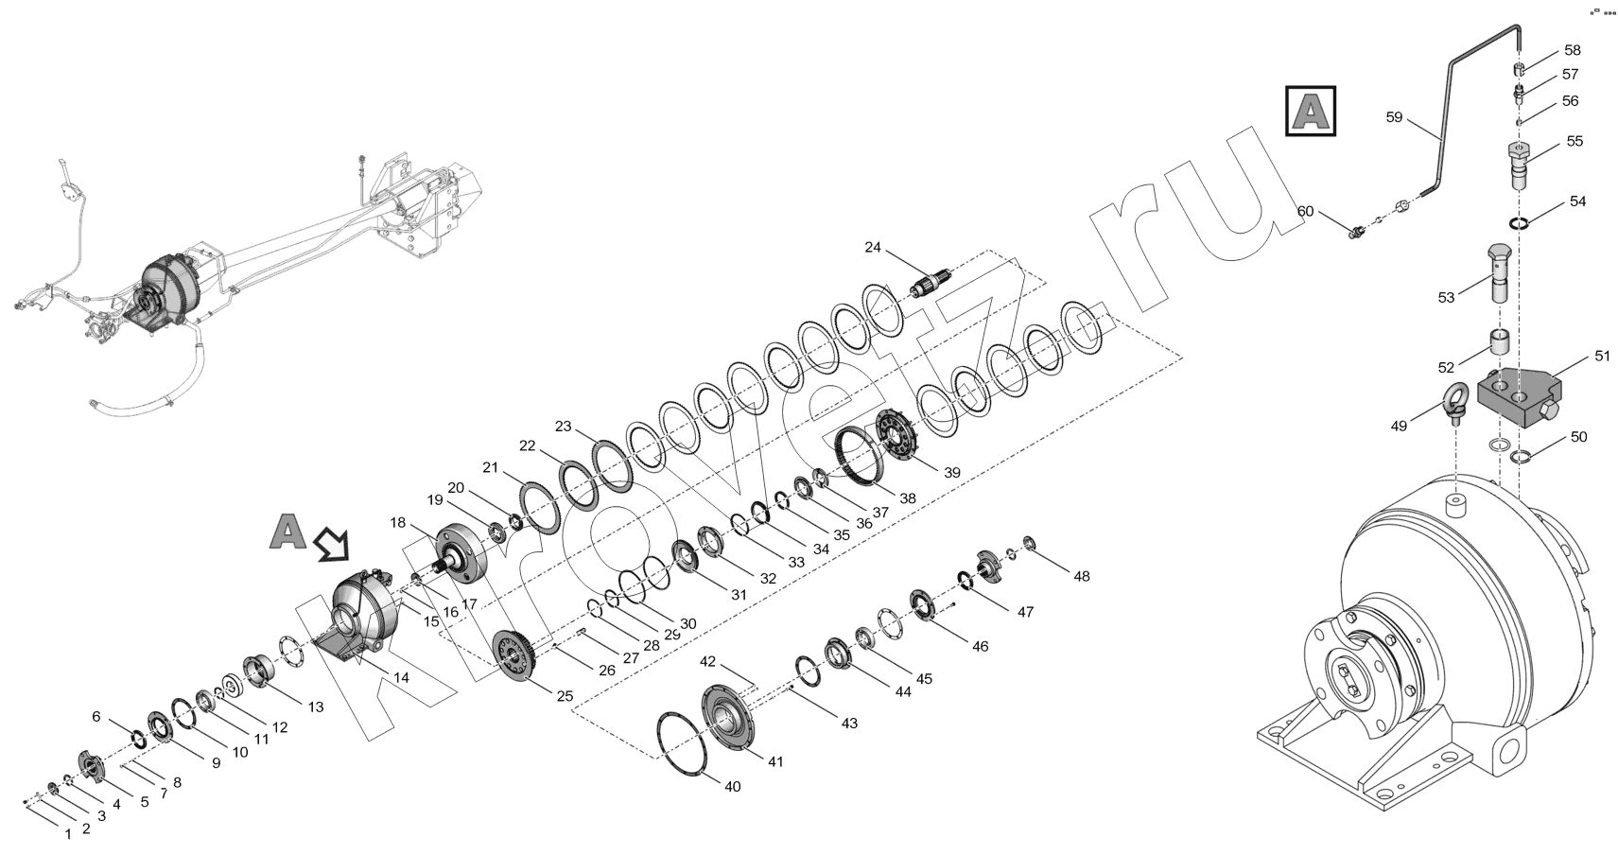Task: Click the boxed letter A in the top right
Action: [1311, 112]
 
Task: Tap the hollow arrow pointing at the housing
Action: [332, 543]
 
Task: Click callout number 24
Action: [873, 247]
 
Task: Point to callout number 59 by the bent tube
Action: [1393, 117]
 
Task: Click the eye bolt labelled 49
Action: [1453, 400]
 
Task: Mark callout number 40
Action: [733, 786]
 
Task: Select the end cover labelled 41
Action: [726, 719]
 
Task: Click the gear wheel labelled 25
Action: [514, 655]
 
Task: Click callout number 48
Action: [1081, 576]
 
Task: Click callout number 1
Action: [68, 834]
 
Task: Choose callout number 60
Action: [1305, 211]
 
